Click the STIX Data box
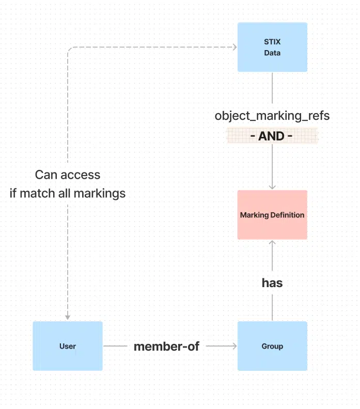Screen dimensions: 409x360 click(272, 47)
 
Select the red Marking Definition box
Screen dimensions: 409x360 click(272, 215)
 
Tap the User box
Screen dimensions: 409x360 click(68, 346)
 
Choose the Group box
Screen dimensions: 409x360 click(272, 346)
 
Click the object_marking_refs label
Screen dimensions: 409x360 click(272, 116)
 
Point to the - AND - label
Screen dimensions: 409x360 click(272, 136)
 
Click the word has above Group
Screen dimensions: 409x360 click(272, 282)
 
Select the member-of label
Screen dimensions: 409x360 click(166, 347)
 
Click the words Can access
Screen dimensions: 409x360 click(68, 175)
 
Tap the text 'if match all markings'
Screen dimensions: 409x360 click(68, 194)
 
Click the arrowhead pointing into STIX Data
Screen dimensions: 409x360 click(234, 48)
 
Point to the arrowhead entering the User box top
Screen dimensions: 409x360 click(68, 317)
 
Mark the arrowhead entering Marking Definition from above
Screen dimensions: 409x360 click(272, 186)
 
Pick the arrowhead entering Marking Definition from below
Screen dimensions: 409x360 click(272, 243)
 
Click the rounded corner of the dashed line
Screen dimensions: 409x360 click(70, 50)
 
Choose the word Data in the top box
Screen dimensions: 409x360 click(272, 53)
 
